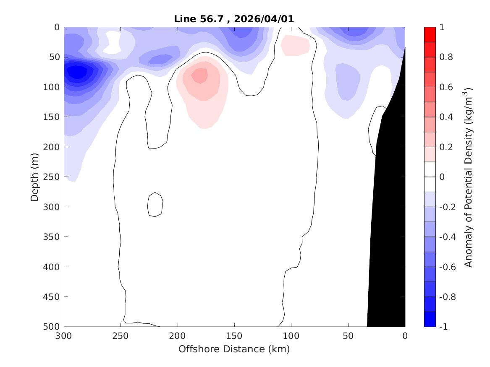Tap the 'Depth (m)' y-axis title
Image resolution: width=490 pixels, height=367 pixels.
[35, 177]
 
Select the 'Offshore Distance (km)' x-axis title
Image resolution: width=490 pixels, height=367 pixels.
[234, 349]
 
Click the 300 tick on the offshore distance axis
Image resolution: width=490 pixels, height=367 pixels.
[64, 336]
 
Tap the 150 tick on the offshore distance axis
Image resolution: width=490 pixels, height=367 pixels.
[234, 336]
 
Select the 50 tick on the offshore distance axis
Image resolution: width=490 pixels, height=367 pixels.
[348, 336]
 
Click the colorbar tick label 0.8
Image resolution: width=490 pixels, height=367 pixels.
[446, 57]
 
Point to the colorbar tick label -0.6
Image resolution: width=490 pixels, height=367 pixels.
[448, 267]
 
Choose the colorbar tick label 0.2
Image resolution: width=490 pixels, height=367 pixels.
[446, 147]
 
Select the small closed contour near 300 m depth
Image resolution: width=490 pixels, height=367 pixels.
[155, 205]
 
